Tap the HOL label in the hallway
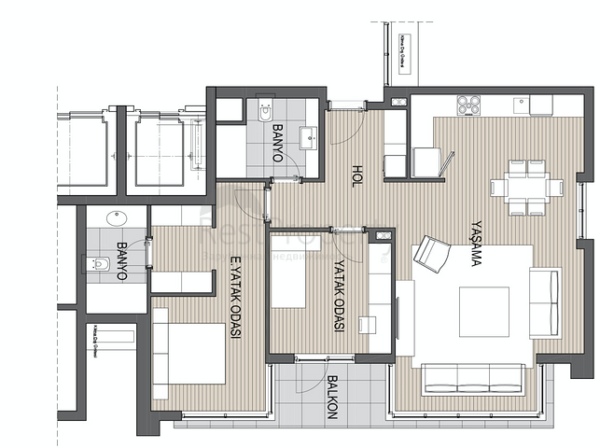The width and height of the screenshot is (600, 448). click(x=356, y=176)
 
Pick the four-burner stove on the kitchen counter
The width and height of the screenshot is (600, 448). click(x=468, y=105)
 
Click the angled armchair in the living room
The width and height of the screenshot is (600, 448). click(x=431, y=253)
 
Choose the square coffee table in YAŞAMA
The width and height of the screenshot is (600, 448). click(x=484, y=312)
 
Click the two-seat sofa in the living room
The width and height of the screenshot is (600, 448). click(x=545, y=301)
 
